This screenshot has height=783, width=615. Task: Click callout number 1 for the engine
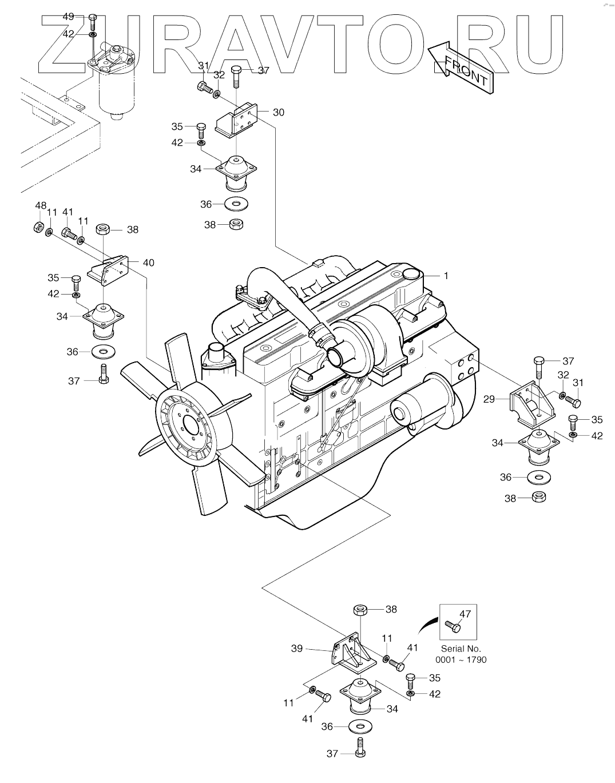point(446,276)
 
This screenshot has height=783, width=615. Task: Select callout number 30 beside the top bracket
point(278,112)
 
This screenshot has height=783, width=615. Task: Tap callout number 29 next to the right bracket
point(489,399)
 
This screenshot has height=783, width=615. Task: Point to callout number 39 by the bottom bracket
point(296,648)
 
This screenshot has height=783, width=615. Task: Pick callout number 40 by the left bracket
point(148,263)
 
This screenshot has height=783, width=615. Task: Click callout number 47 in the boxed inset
point(465,614)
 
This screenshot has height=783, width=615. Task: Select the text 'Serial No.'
point(461,649)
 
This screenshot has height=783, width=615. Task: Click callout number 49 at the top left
point(68,17)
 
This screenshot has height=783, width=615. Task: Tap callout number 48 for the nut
point(40,205)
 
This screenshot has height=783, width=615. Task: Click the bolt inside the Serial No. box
point(453,626)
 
